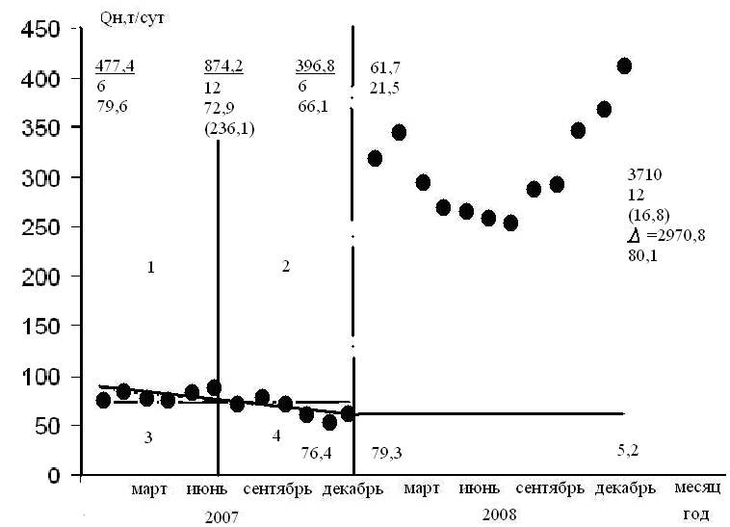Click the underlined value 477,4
click(114, 66)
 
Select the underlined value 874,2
click(223, 66)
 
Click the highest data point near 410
click(624, 66)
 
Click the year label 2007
click(222, 516)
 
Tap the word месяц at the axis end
click(692, 488)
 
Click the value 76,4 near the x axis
click(316, 453)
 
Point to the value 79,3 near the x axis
click(387, 453)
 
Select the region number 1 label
click(151, 267)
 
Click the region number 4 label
click(276, 436)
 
